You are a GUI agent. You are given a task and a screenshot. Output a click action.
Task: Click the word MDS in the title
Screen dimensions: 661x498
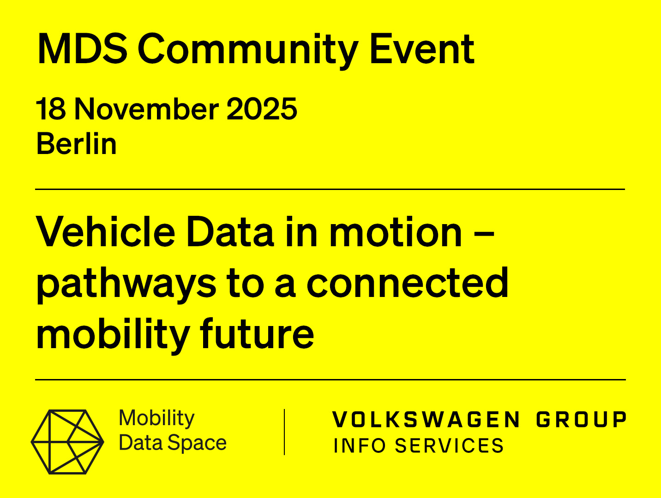[82, 49]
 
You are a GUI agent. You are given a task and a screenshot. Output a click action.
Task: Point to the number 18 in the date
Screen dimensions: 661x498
[51, 108]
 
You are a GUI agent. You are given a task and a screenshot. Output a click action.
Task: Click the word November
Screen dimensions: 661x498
[146, 108]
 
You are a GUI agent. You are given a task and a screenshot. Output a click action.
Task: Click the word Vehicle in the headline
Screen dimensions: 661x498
[105, 232]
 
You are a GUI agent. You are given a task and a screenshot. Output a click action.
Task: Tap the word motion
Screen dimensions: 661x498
[396, 232]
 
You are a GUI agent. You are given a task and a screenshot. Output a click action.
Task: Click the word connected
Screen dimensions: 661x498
[408, 283]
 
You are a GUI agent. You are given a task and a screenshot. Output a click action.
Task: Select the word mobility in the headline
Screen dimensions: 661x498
[113, 335]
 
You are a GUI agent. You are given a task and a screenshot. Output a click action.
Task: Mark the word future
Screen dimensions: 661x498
[257, 333]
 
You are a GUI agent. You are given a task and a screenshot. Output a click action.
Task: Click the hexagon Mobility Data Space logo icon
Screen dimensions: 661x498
[67, 442]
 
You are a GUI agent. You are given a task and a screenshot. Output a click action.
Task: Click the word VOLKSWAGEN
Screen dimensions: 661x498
[426, 419]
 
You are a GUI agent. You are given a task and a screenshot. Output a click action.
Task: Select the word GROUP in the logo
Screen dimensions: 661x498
[582, 419]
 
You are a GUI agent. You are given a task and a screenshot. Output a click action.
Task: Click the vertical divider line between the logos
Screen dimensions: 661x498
[284, 432]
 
